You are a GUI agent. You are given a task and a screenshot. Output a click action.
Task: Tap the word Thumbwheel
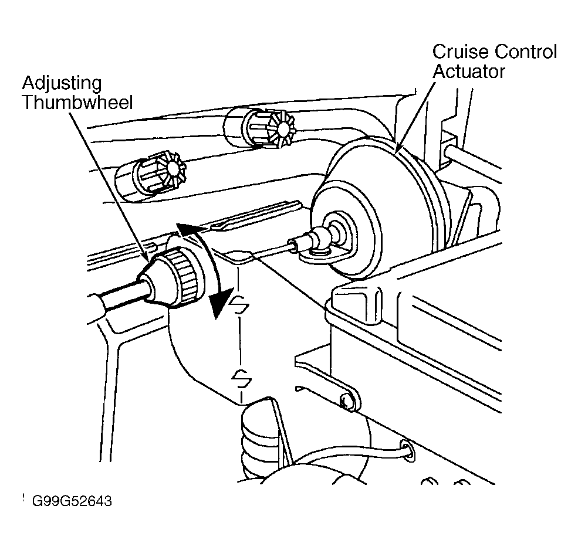(x=77, y=103)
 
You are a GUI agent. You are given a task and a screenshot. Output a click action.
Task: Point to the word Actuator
(x=468, y=71)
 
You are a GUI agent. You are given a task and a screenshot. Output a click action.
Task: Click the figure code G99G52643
(x=72, y=501)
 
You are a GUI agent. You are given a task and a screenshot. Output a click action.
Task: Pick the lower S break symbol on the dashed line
(x=241, y=378)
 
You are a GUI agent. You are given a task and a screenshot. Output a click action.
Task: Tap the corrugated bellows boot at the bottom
(x=259, y=442)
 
